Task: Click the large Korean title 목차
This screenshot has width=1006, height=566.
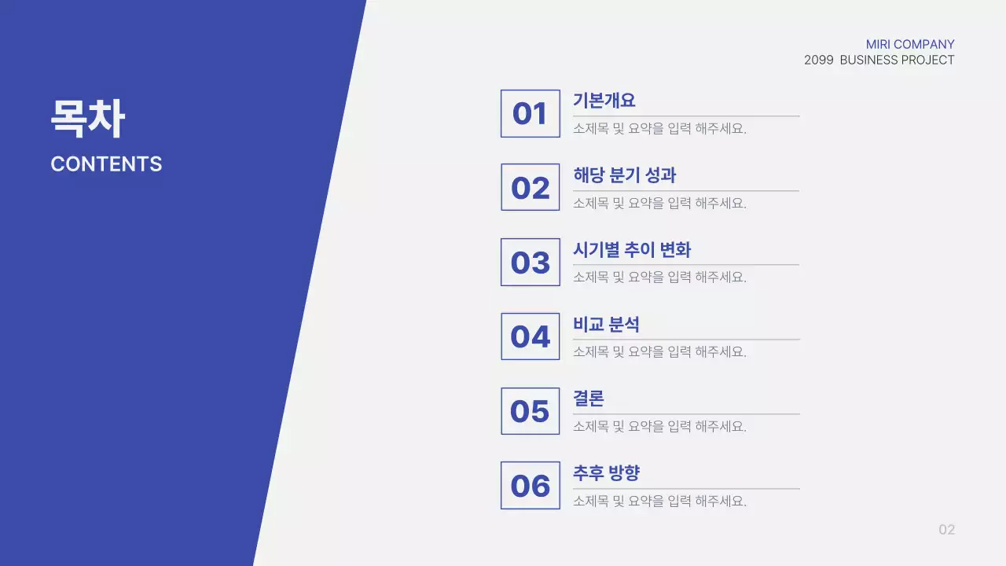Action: (x=87, y=119)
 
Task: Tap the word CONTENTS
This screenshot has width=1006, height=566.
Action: (x=106, y=164)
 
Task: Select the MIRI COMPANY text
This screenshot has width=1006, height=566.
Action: (x=910, y=45)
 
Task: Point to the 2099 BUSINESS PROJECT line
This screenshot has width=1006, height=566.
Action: (x=879, y=61)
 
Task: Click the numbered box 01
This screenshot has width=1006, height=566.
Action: (x=530, y=114)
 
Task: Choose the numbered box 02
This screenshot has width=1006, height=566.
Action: (x=530, y=188)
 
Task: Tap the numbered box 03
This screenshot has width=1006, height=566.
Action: (x=530, y=263)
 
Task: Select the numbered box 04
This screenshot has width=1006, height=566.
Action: (x=530, y=336)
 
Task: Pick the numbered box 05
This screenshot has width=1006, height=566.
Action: (x=530, y=411)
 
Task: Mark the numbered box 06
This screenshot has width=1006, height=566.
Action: (x=530, y=486)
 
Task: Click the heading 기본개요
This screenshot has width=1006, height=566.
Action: (x=604, y=101)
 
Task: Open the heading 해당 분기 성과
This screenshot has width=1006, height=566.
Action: (x=624, y=175)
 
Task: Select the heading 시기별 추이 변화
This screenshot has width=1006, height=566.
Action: (x=632, y=250)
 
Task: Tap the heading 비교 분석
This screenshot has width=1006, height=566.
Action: (x=606, y=324)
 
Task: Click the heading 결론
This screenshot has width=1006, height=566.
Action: (x=589, y=399)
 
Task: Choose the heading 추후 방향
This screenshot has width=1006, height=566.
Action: (x=606, y=473)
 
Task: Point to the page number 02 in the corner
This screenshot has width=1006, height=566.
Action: (x=946, y=530)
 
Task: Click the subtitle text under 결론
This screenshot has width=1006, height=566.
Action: (x=659, y=427)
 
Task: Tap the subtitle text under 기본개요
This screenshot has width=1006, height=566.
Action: (x=659, y=129)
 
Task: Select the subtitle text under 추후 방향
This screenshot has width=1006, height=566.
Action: (x=659, y=501)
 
